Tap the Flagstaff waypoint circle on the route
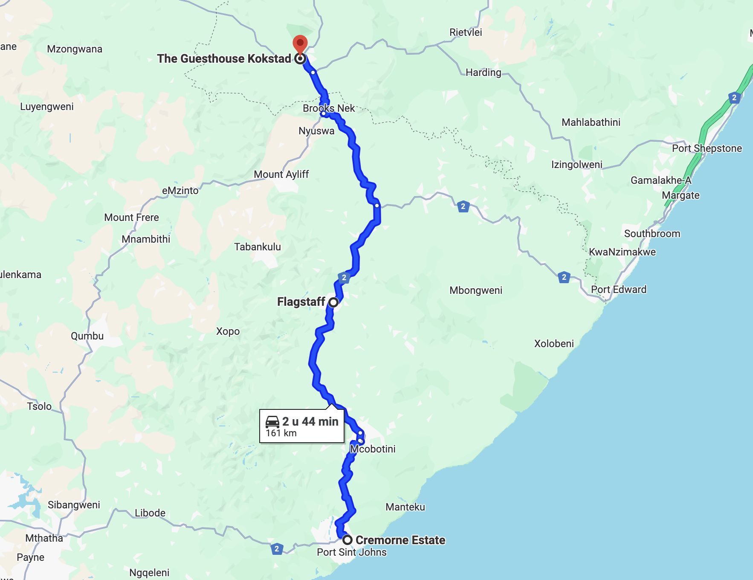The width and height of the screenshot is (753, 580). (x=333, y=302)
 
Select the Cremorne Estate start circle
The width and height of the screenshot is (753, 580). (x=348, y=540)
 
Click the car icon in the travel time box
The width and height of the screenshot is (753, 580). (x=272, y=422)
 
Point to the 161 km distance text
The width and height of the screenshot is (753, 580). (x=281, y=433)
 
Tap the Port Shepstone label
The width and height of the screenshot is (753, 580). (x=707, y=148)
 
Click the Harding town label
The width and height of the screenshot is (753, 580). (x=483, y=72)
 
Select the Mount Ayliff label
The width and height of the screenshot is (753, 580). (x=281, y=174)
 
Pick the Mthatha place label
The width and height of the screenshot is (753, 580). (x=44, y=538)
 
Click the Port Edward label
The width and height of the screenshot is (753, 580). (x=618, y=290)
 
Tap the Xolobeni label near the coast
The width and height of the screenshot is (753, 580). (x=554, y=344)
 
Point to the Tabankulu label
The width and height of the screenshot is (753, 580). (x=258, y=247)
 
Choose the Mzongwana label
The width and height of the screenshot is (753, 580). (x=75, y=49)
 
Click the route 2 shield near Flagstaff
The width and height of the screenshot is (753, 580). (x=344, y=278)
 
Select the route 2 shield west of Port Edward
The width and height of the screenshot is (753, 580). (x=564, y=278)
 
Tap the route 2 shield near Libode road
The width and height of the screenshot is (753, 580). (x=277, y=549)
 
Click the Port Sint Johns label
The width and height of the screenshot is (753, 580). (x=351, y=552)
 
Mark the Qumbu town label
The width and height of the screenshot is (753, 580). (x=87, y=336)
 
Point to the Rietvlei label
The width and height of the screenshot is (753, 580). (x=466, y=32)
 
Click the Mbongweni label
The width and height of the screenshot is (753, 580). (x=476, y=290)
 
